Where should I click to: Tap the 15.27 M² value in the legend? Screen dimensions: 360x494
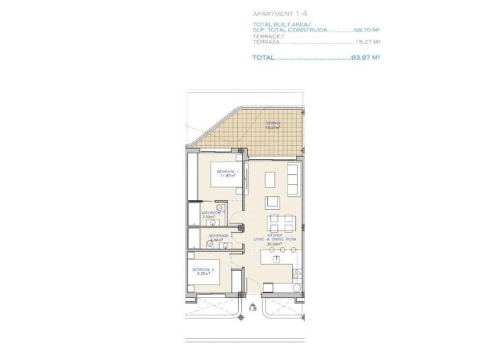(x=368, y=42)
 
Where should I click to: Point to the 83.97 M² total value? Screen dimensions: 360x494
(x=366, y=57)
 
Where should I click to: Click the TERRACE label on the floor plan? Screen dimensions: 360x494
(x=273, y=123)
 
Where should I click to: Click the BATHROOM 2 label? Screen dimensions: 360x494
(x=220, y=236)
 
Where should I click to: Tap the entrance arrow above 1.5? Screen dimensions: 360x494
(x=252, y=303)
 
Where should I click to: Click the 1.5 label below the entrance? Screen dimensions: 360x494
(x=252, y=309)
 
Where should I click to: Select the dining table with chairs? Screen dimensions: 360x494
(x=281, y=222)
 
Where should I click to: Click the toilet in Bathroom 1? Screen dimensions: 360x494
(x=219, y=208)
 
